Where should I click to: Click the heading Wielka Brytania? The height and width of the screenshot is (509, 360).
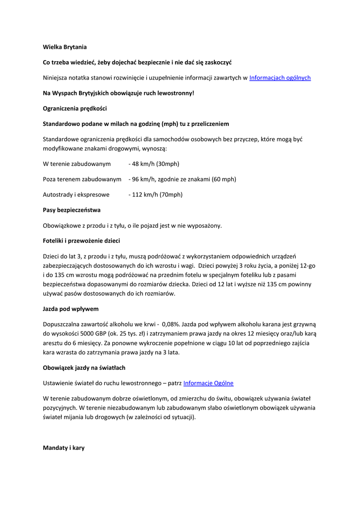[x=65, y=47]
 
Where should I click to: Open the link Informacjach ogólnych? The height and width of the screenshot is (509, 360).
[x=280, y=78]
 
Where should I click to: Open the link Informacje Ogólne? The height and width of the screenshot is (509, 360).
[x=208, y=383]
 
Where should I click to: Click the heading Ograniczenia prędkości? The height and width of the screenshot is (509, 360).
[x=75, y=108]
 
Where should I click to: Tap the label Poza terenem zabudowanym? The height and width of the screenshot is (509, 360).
[x=82, y=179]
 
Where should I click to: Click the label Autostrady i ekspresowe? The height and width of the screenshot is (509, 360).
[x=76, y=195]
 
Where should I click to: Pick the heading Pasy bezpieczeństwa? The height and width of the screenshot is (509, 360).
[x=72, y=210]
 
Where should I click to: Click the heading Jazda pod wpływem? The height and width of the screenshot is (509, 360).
[x=71, y=309]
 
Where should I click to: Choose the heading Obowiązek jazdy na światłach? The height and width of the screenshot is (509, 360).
[x=84, y=368]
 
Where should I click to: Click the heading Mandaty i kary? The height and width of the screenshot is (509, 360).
[x=64, y=448]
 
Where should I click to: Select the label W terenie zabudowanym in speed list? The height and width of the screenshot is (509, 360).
[x=77, y=164]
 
